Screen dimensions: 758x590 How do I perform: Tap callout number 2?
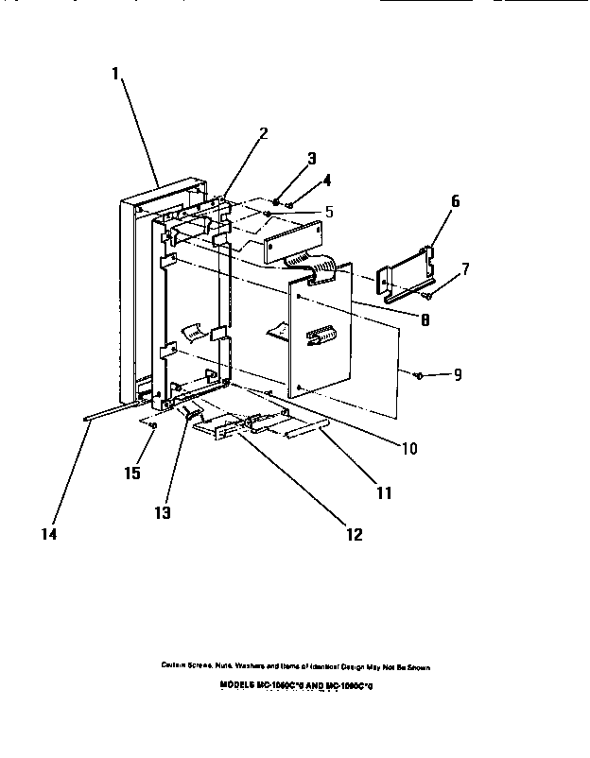pyautogui.click(x=263, y=132)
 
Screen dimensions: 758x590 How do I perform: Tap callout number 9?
pyautogui.click(x=457, y=375)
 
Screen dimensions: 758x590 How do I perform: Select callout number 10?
pyautogui.click(x=408, y=448)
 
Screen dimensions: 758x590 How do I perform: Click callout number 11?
pyautogui.click(x=384, y=492)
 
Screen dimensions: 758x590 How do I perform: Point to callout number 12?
pyautogui.click(x=353, y=533)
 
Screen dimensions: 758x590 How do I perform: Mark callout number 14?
pyautogui.click(x=48, y=534)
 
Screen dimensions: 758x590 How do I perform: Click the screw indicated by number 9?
pyautogui.click(x=418, y=375)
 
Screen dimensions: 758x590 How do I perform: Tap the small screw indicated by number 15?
pyautogui.click(x=153, y=426)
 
